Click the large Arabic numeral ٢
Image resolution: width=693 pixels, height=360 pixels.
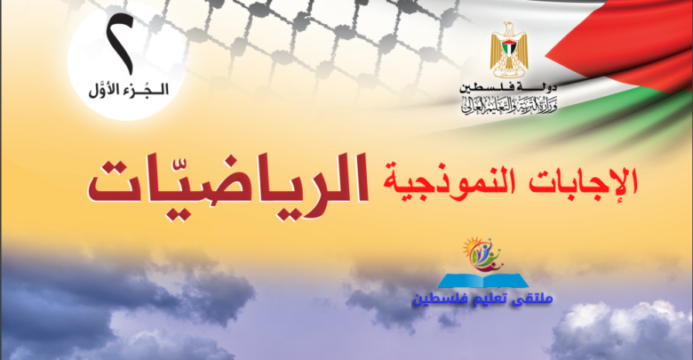click(120, 44)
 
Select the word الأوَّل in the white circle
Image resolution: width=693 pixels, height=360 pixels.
click(104, 90)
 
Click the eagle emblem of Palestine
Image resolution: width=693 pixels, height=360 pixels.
click(509, 50)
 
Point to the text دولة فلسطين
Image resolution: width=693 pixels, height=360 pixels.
click(508, 87)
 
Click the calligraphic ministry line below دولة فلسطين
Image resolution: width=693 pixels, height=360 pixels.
click(509, 105)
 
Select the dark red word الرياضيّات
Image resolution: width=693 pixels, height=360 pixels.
click(228, 181)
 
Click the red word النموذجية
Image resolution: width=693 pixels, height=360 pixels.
click(449, 181)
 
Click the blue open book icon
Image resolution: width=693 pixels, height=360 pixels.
click(483, 280)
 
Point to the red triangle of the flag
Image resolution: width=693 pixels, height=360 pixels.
click(618, 44)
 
